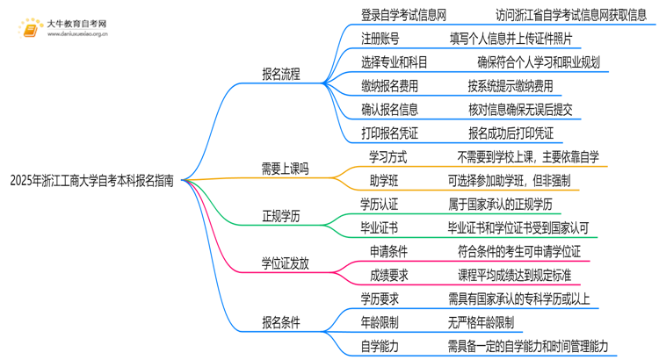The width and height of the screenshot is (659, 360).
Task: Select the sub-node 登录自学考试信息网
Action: (x=403, y=14)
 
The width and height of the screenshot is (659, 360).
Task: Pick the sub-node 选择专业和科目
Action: (x=394, y=61)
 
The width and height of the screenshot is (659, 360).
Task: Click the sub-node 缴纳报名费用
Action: (x=389, y=85)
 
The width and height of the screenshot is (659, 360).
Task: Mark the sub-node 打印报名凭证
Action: (x=389, y=133)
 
